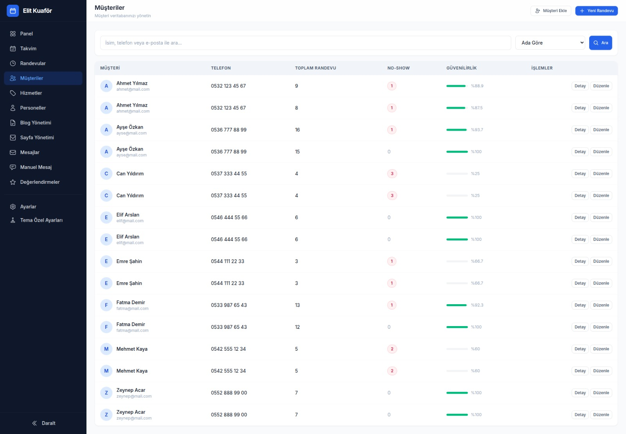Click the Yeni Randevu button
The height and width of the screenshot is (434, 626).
pyautogui.click(x=596, y=11)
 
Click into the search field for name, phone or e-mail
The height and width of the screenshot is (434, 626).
pyautogui.click(x=306, y=43)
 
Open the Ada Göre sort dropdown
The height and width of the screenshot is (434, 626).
pyautogui.click(x=550, y=43)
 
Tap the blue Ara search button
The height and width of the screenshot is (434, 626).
pyautogui.click(x=600, y=43)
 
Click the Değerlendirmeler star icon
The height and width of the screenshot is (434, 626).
pyautogui.click(x=13, y=182)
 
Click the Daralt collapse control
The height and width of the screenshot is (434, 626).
pyautogui.click(x=43, y=423)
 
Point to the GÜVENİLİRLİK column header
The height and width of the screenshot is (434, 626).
pyautogui.click(x=461, y=68)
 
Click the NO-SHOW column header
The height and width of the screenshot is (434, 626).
pyautogui.click(x=398, y=68)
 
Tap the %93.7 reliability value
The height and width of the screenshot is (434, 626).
pyautogui.click(x=477, y=129)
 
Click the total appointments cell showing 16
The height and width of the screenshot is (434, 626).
pyautogui.click(x=297, y=129)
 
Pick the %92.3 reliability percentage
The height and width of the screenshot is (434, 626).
pyautogui.click(x=477, y=305)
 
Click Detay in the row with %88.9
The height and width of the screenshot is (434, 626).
pyautogui.click(x=580, y=86)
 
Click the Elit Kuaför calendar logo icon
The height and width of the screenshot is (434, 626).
pyautogui.click(x=13, y=11)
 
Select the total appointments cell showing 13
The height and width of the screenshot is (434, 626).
pyautogui.click(x=297, y=305)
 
